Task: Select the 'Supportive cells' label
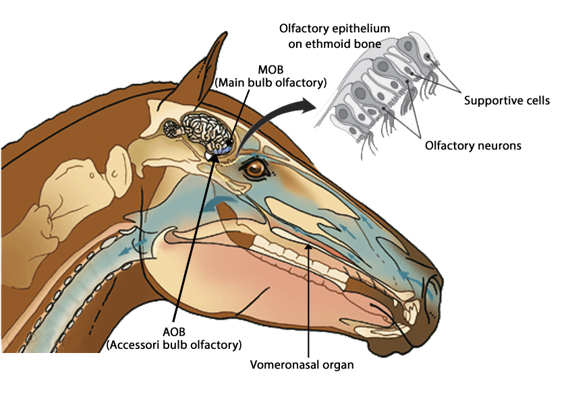point(507,101)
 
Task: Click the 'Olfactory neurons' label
point(473,145)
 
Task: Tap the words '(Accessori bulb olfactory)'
point(174,345)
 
